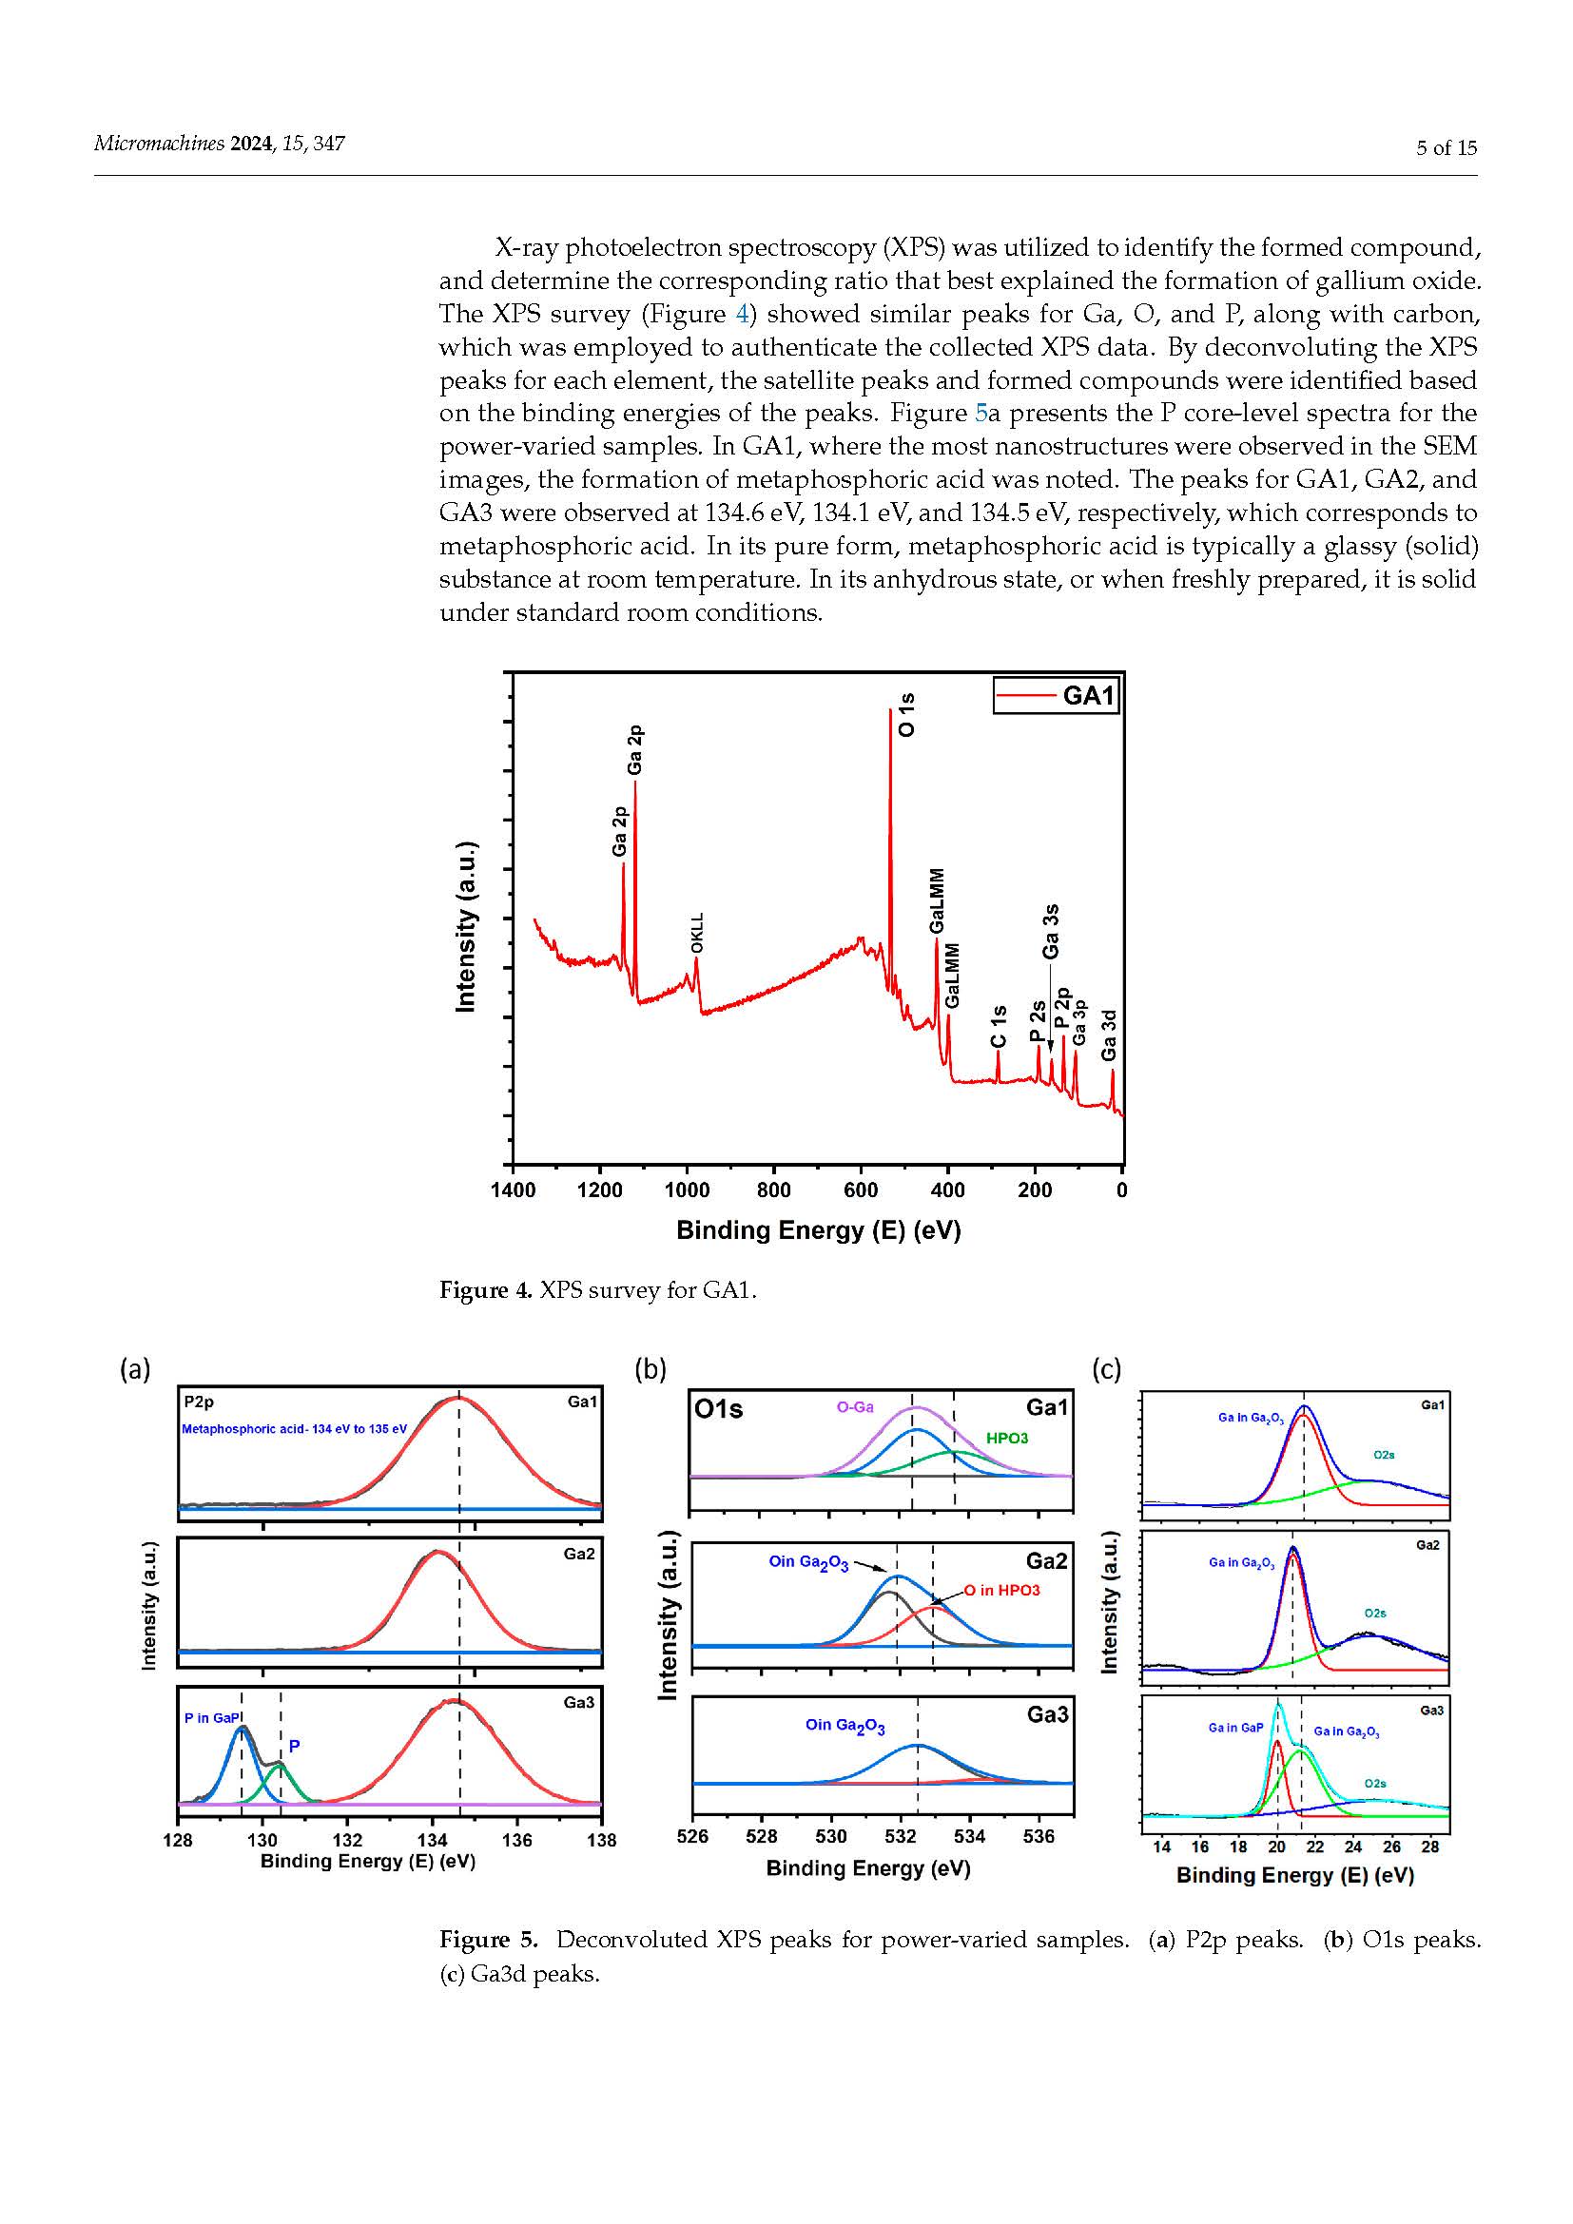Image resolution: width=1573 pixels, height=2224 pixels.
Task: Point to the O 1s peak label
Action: point(906,715)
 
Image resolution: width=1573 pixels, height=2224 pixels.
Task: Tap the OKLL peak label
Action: point(697,932)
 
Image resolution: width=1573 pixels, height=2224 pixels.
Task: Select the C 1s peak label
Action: point(999,1027)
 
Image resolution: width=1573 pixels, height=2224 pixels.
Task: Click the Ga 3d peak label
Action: point(1110,1035)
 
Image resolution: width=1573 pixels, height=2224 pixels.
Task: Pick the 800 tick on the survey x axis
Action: point(774,1190)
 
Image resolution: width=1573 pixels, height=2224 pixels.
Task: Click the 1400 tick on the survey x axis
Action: point(513,1190)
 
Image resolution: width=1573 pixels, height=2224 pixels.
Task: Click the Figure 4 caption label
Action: point(485,1290)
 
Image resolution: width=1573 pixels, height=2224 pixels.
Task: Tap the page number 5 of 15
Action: point(1447,148)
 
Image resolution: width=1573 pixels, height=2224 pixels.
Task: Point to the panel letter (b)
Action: point(650,1369)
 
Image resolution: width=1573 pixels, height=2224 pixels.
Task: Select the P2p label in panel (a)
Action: point(199,1402)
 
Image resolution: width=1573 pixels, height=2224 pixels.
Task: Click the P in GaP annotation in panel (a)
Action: point(212,1717)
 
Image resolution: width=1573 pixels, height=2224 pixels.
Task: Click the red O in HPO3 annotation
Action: point(1001,1591)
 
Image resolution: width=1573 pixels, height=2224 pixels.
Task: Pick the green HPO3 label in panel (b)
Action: point(1006,1439)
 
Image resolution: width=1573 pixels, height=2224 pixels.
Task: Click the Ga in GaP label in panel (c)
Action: point(1236,1727)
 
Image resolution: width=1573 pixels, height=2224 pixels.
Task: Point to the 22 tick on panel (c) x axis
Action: point(1315,1847)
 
